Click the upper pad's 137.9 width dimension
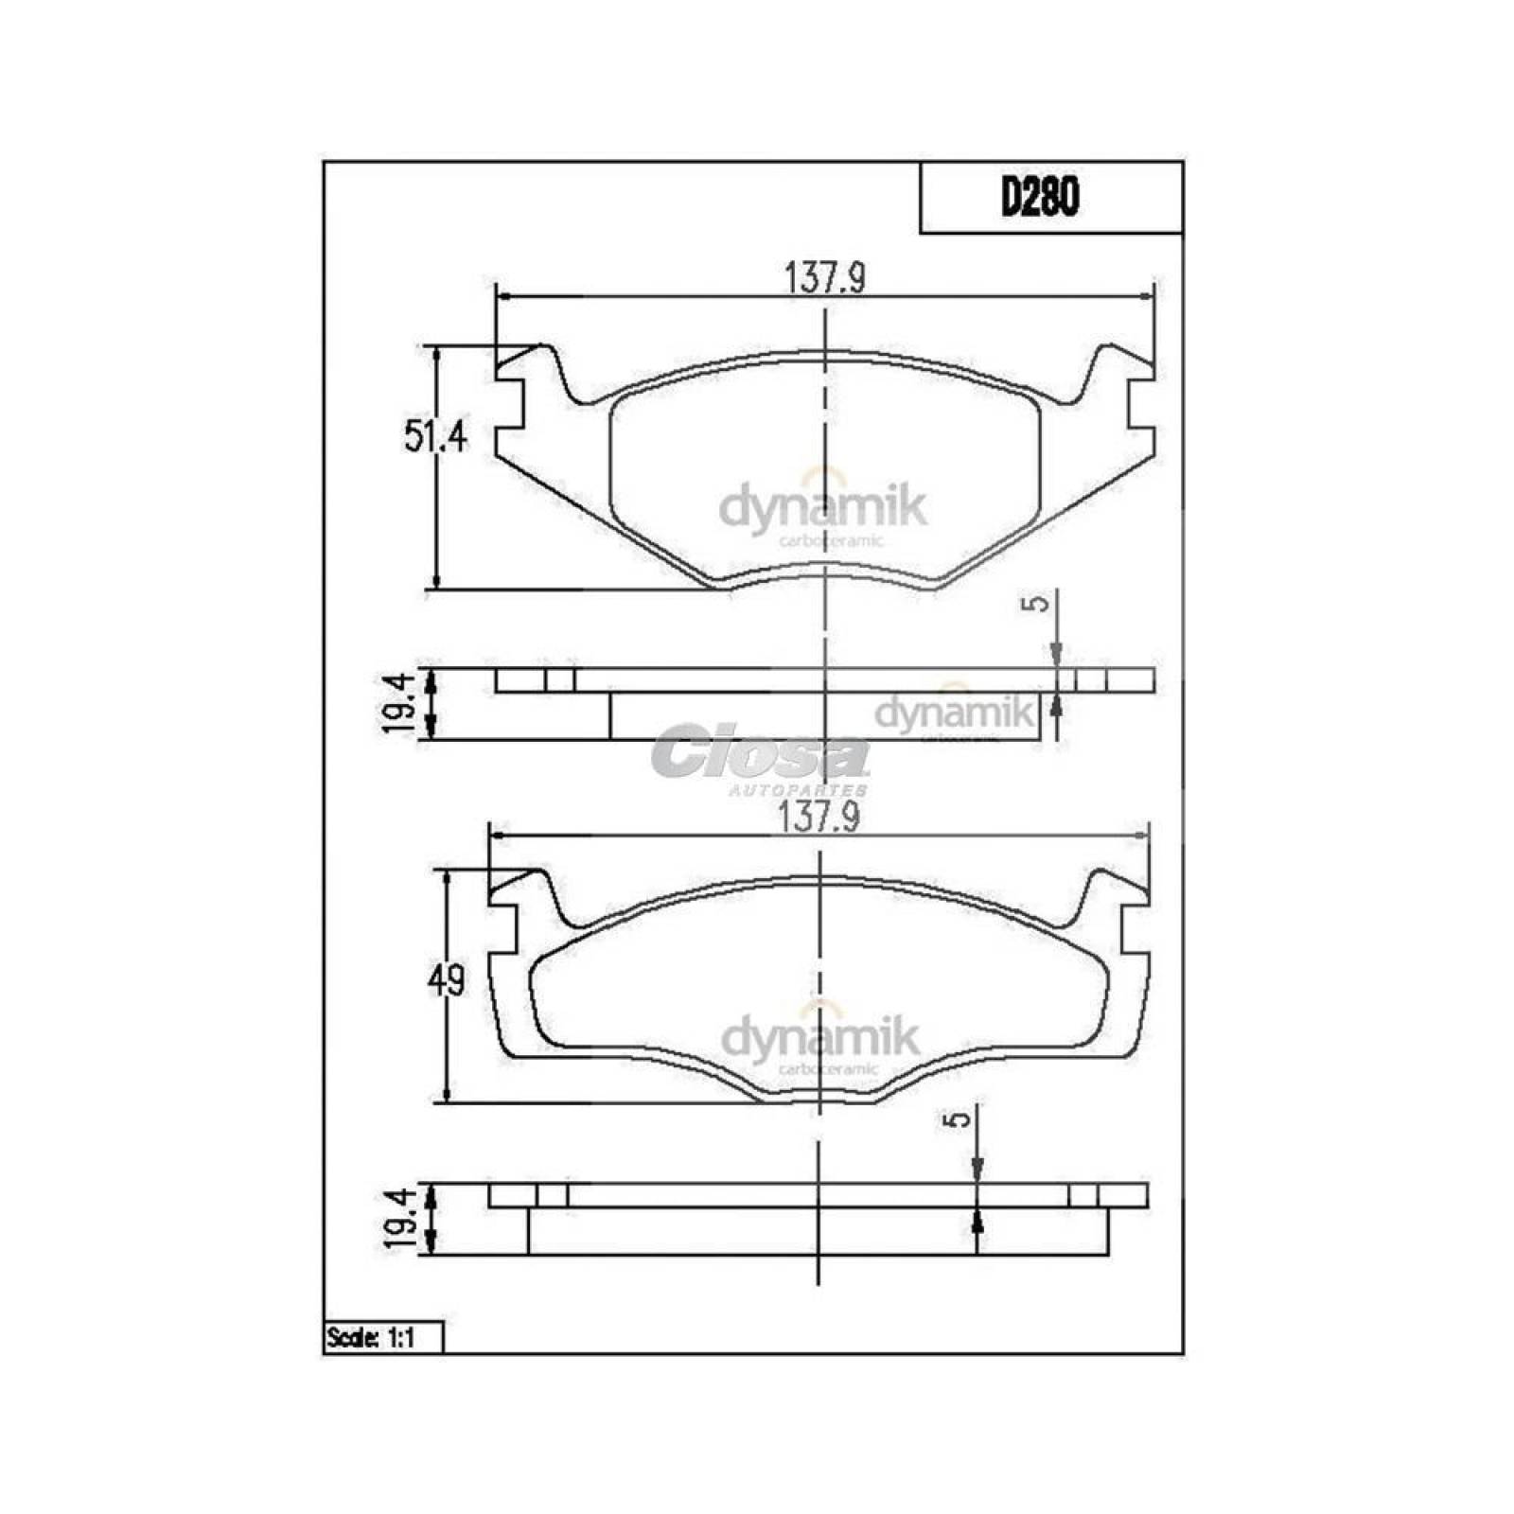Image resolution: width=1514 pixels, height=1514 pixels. [x=825, y=279]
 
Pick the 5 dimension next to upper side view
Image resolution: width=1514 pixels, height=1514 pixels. [x=1039, y=603]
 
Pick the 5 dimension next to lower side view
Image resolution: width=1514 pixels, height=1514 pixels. [x=959, y=1119]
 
